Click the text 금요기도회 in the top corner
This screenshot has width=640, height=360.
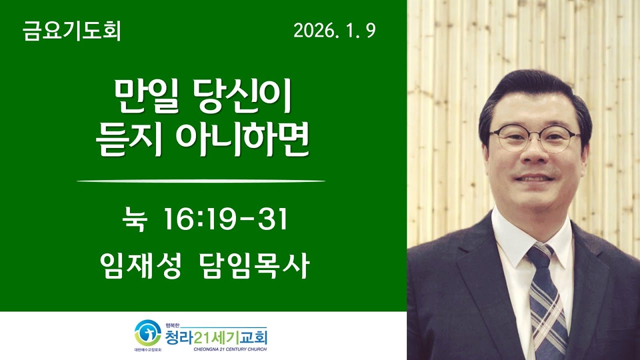pyautogui.click(x=71, y=32)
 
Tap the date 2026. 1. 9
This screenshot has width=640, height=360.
pyautogui.click(x=334, y=32)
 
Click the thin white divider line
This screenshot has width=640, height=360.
pyautogui.click(x=200, y=181)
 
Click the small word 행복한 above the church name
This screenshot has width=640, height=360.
pyautogui.click(x=172, y=325)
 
